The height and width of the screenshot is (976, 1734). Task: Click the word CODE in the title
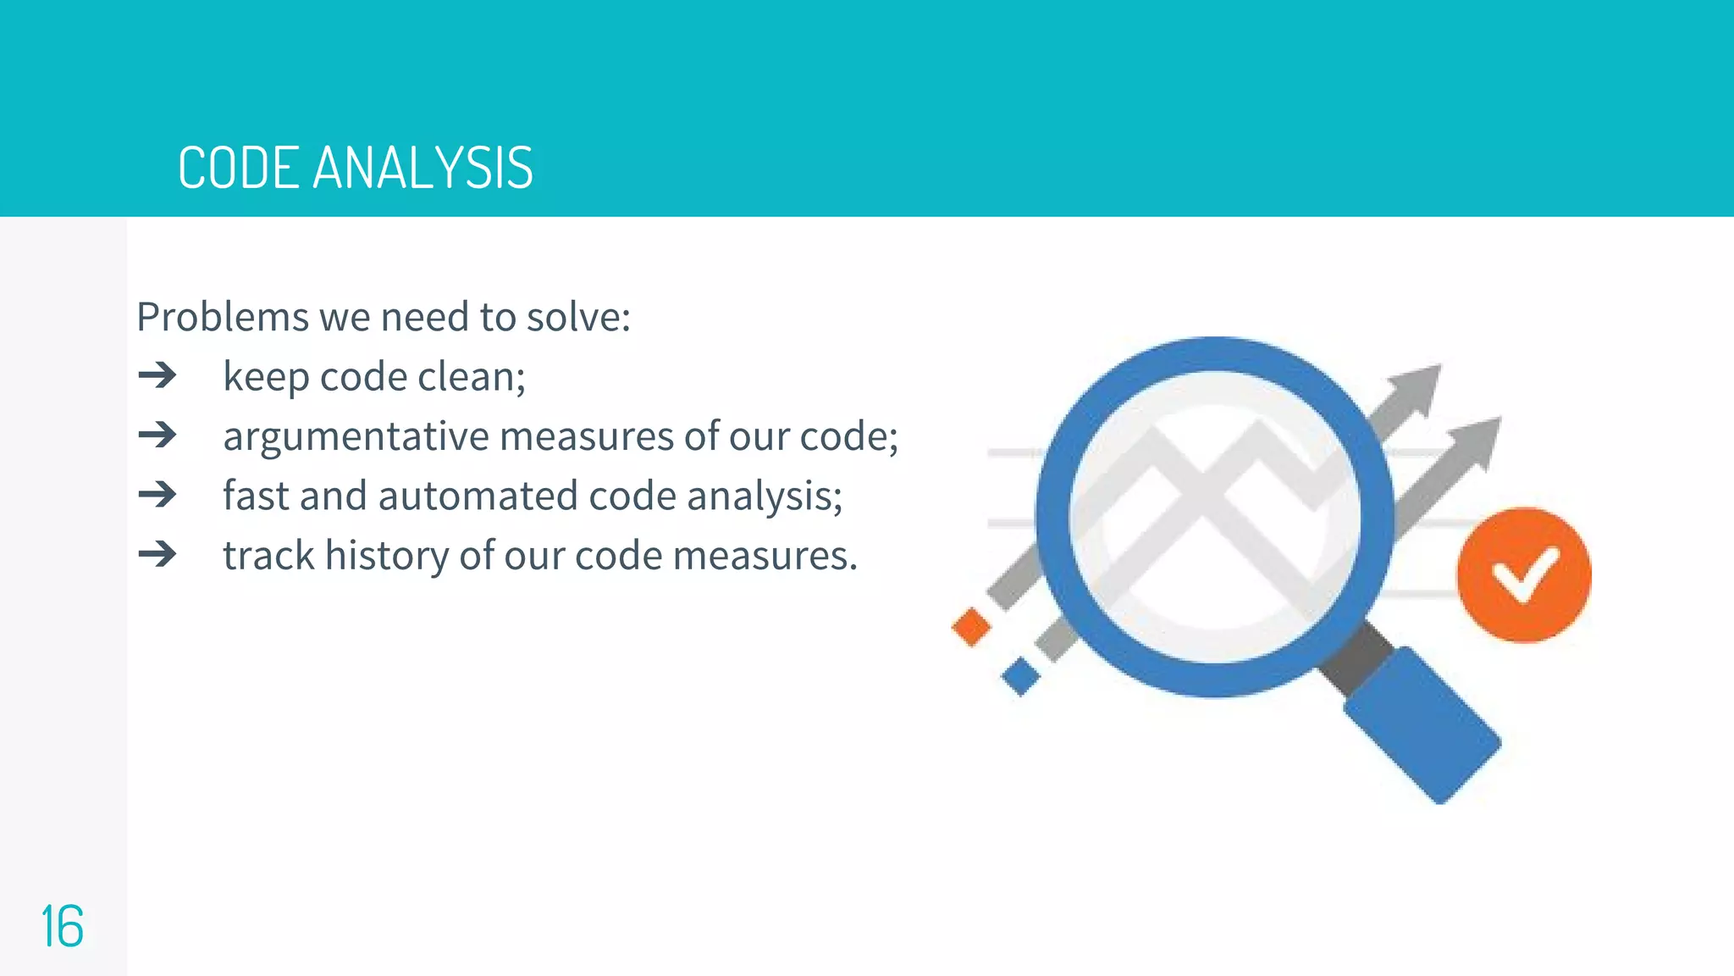tap(238, 168)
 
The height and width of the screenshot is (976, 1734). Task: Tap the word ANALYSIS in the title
tap(422, 168)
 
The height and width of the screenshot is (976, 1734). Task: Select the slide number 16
tap(62, 927)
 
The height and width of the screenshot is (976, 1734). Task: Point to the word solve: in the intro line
tap(578, 318)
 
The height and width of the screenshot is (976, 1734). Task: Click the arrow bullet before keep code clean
tap(157, 375)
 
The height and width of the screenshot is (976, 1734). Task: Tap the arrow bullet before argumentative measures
tap(157, 435)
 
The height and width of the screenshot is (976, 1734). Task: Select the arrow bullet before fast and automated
tap(157, 495)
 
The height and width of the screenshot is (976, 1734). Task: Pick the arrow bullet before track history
tap(157, 555)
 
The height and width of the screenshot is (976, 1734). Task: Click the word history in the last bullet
tap(387, 557)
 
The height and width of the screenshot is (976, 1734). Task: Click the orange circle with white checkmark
tap(1523, 575)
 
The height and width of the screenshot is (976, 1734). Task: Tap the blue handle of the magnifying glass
tap(1422, 724)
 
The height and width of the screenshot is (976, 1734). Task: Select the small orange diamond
tap(971, 627)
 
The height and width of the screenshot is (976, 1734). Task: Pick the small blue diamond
tap(1020, 677)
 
